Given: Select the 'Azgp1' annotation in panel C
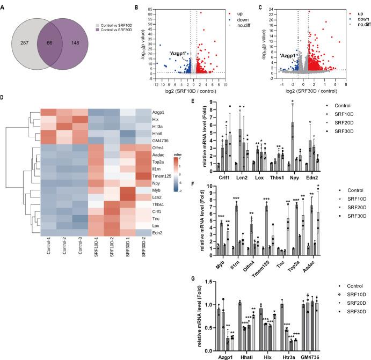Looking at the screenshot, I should pyautogui.click(x=288, y=55).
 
